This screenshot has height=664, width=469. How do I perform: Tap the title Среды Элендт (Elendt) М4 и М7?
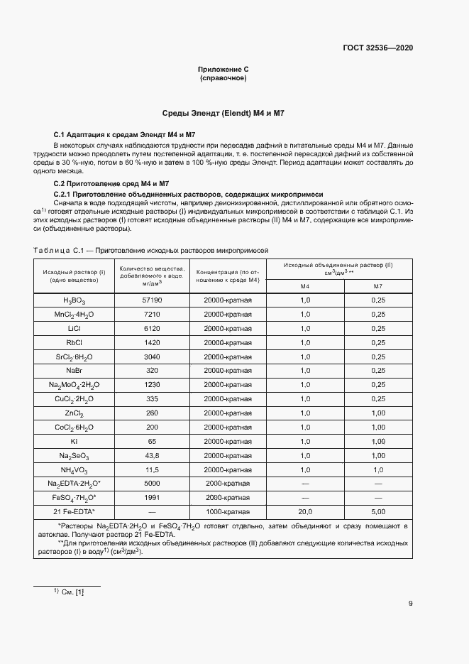point(224,114)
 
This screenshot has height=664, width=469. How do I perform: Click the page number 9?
point(410,604)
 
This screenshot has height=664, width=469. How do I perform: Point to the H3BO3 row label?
point(75,300)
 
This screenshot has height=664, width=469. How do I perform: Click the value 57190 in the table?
point(153,300)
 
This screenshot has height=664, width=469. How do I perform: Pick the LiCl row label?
point(75,328)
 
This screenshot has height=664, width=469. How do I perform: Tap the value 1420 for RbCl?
point(153,342)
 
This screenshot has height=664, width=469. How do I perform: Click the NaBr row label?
point(75,370)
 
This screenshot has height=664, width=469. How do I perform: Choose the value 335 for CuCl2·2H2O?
point(153,398)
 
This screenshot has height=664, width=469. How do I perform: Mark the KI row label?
point(75,441)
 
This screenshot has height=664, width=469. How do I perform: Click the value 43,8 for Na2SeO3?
point(153,455)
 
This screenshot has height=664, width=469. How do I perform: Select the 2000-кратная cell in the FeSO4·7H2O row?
point(228,497)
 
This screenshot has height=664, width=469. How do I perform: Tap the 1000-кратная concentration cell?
point(228,511)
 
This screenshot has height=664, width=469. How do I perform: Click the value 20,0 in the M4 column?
point(305,511)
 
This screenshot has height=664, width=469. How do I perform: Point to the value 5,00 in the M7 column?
point(377,511)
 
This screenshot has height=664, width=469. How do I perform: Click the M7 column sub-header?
point(377,285)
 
